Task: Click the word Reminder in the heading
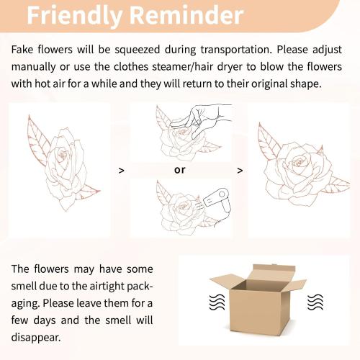pyautogui.click(x=186, y=14)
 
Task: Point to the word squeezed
pyautogui.click(x=137, y=50)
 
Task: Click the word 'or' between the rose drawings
pyautogui.click(x=180, y=170)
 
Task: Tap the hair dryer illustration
pyautogui.click(x=217, y=200)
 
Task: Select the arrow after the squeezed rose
pyautogui.click(x=122, y=171)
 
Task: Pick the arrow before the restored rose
pyautogui.click(x=240, y=171)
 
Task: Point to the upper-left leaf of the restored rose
pyautogui.click(x=269, y=142)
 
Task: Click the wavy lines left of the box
pyautogui.click(x=217, y=302)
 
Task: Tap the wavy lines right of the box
pyautogui.click(x=315, y=302)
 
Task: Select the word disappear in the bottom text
pyautogui.click(x=36, y=338)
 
